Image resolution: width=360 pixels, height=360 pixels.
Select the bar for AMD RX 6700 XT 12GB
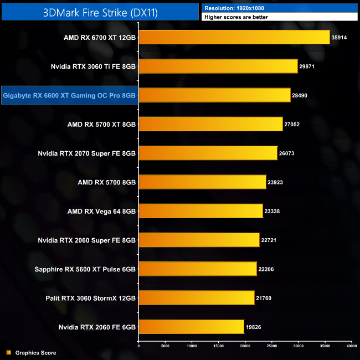click(x=234, y=38)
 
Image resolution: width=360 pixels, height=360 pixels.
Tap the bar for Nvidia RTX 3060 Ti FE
click(x=218, y=66)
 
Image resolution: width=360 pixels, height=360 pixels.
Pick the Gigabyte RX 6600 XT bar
click(x=214, y=95)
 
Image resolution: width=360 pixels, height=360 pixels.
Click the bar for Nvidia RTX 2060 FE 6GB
click(x=191, y=327)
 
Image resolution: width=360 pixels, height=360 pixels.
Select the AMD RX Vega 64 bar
click(x=200, y=211)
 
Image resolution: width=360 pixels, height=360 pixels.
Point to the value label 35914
click(x=339, y=38)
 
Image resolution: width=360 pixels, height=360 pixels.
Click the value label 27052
click(x=292, y=125)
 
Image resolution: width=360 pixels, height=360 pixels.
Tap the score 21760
click(x=264, y=298)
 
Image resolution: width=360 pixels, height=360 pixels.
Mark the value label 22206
click(x=266, y=269)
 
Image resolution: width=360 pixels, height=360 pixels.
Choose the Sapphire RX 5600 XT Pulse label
click(x=85, y=269)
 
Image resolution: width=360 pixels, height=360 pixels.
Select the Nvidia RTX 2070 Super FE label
click(x=87, y=153)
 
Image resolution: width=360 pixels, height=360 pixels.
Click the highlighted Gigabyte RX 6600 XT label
click(x=69, y=95)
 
